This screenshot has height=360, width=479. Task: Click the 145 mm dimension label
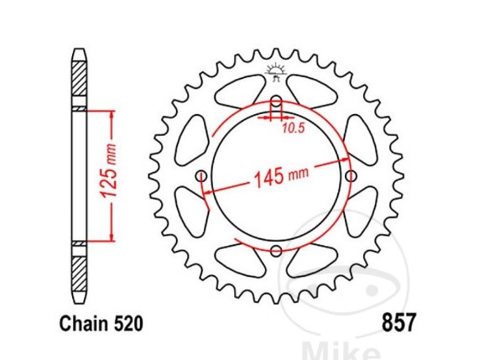pos(281,176)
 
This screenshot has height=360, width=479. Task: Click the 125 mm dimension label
pos(109,175)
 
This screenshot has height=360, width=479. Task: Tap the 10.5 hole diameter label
pos(294,128)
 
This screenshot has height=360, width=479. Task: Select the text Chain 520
pos(102,324)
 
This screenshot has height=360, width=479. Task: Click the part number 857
pos(399,323)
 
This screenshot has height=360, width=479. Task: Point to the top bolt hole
pos(276,101)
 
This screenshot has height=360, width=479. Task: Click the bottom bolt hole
pos(276,251)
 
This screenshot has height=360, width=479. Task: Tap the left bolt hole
pos(201,175)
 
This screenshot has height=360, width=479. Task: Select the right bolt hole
pos(351,175)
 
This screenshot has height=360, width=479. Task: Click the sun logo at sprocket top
pos(276,72)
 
